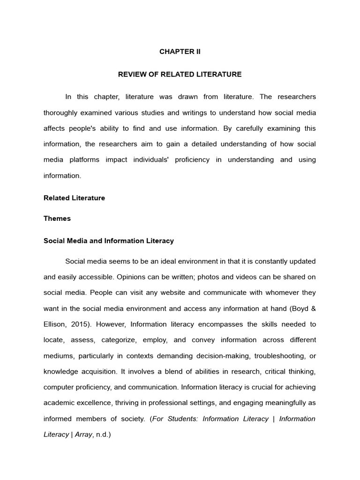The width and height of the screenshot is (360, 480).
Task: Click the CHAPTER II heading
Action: click(180, 52)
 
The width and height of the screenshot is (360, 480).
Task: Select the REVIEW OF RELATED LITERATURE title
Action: click(180, 74)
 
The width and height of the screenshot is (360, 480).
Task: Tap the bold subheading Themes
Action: click(57, 218)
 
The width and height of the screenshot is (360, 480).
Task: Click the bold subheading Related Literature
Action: click(74, 198)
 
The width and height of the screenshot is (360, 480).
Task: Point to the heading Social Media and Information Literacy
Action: click(109, 241)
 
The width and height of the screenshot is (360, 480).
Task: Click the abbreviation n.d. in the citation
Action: click(102, 435)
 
